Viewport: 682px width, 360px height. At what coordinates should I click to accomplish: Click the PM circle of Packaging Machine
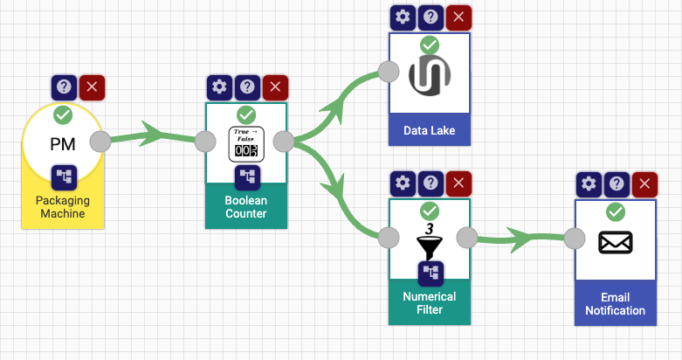[x=62, y=144]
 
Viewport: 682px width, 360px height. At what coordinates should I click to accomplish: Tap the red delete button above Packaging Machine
[x=91, y=87]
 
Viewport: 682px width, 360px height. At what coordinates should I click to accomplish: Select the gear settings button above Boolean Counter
[x=219, y=87]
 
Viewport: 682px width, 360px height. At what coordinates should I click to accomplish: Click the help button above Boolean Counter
[x=247, y=87]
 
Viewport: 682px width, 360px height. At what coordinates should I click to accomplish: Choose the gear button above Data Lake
[x=402, y=17]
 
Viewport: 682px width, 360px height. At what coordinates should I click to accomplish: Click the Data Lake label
[x=430, y=132]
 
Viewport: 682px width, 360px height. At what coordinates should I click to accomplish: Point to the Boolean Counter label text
[x=246, y=207]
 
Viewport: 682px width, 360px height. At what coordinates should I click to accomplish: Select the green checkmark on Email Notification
[x=616, y=211]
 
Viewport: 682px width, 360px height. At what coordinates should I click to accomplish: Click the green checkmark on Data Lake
[x=429, y=45]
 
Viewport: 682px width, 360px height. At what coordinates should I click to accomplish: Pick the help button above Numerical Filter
[x=430, y=183]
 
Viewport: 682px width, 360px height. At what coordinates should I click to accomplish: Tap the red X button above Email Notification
[x=644, y=183]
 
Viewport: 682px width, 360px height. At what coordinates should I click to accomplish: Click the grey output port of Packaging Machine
[x=100, y=142]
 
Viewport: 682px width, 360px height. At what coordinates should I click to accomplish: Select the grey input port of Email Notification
[x=575, y=239]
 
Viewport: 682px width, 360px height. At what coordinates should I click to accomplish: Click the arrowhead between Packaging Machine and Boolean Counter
[x=153, y=135]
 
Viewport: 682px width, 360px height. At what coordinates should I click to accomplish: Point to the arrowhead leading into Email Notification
[x=521, y=237]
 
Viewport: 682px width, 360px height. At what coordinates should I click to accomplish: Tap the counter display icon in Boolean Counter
[x=245, y=144]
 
